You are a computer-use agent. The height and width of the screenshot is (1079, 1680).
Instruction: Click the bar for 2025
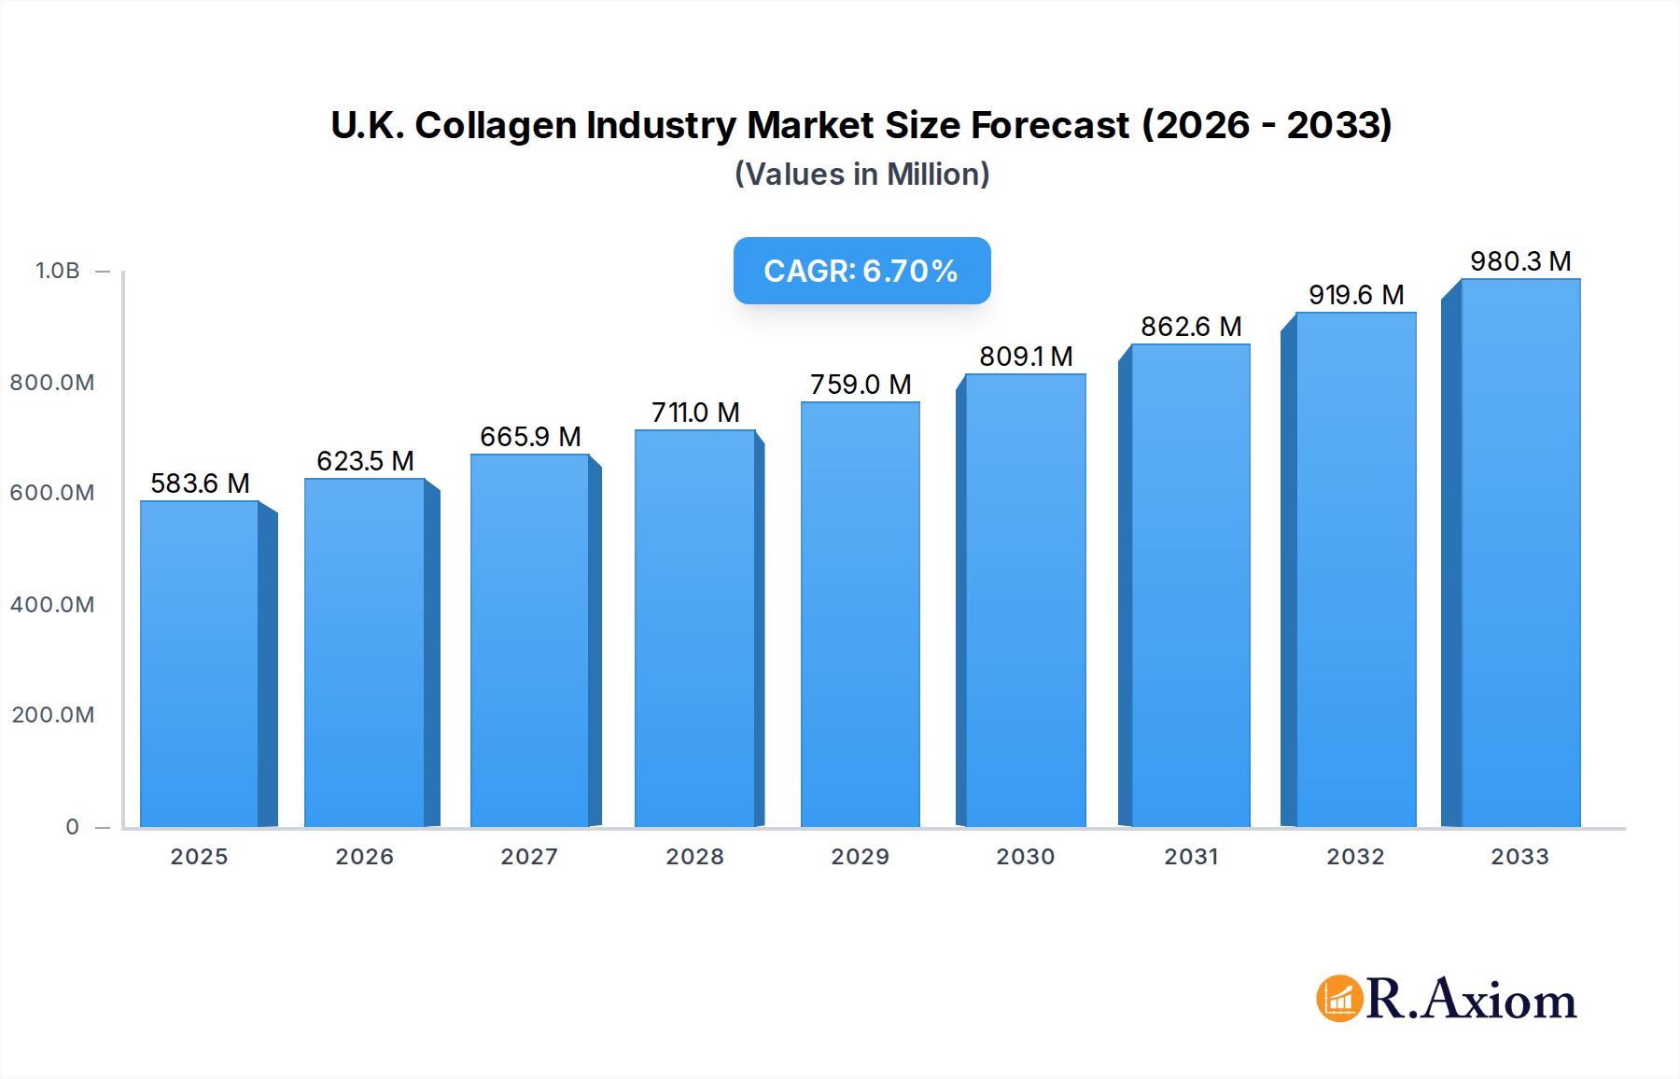199,664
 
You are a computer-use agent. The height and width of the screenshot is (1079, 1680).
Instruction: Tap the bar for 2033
1520,553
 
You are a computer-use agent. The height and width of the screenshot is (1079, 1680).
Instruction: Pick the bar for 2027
529,640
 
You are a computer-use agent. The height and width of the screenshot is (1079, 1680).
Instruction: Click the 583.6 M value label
200,483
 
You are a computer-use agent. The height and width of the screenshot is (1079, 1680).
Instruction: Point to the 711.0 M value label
695,413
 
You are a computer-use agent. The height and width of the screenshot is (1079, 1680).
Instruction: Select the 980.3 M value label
1520,261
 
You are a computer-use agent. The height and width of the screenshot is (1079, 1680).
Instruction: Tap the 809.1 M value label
1026,357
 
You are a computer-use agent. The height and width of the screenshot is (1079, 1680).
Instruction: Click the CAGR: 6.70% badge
861,271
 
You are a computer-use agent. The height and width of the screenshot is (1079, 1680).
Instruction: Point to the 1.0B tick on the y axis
58,271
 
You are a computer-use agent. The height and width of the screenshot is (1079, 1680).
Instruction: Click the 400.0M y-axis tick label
52,605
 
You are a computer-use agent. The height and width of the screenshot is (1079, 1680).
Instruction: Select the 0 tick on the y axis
72,827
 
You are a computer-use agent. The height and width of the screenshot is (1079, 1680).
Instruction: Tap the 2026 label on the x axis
364,857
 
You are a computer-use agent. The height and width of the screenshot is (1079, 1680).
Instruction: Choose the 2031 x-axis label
1191,857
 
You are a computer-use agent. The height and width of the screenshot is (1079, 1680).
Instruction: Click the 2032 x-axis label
1355,857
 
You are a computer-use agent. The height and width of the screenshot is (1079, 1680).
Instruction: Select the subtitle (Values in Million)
861,175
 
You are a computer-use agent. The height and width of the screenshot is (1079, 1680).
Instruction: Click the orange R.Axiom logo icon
1339,999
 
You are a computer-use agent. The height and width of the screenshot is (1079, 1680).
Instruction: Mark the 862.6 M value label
1191,327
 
